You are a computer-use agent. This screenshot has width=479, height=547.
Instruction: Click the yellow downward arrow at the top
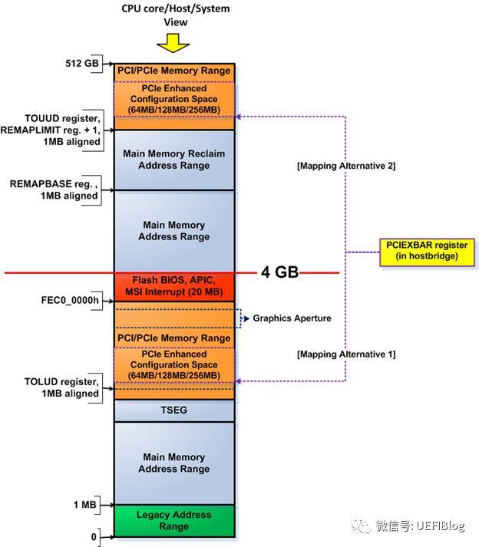click(x=176, y=44)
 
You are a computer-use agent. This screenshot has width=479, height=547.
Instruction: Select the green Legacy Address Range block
click(x=174, y=521)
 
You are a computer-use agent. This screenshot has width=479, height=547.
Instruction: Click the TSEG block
click(x=174, y=410)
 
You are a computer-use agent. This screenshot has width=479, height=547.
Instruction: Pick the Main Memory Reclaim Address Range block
click(x=174, y=160)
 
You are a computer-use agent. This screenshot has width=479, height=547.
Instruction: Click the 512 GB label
click(x=82, y=63)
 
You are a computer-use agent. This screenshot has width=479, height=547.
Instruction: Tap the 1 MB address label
click(x=85, y=504)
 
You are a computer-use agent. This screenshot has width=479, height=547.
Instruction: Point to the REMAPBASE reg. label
click(x=54, y=189)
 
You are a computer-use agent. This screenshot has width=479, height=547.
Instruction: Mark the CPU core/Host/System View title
click(x=176, y=14)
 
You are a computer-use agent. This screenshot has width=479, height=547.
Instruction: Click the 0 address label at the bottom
click(x=94, y=536)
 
